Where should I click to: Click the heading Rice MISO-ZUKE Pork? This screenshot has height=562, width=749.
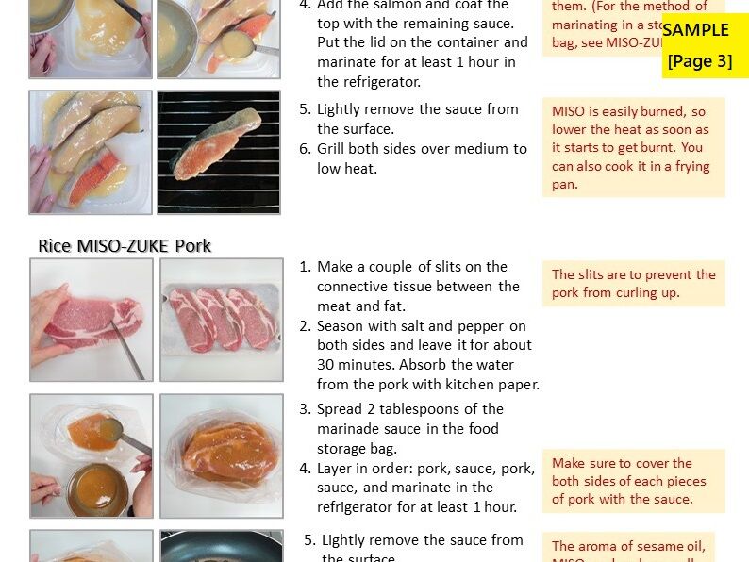[125, 246]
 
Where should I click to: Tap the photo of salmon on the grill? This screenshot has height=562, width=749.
[219, 152]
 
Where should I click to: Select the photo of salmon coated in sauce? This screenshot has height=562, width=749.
[91, 152]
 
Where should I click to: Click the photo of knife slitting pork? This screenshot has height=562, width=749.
[91, 320]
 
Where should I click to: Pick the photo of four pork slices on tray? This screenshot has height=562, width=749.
[221, 320]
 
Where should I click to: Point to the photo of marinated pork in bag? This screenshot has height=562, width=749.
[221, 455]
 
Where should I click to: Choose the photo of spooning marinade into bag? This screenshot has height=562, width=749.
[91, 455]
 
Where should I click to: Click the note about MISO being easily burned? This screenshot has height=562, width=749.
[633, 147]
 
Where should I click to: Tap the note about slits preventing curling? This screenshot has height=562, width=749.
[633, 283]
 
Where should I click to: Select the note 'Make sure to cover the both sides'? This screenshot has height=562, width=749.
[633, 481]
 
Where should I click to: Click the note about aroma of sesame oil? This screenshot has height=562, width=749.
[628, 547]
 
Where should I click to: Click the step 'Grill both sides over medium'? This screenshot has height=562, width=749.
[421, 158]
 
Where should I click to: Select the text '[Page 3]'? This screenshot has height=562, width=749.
[699, 61]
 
